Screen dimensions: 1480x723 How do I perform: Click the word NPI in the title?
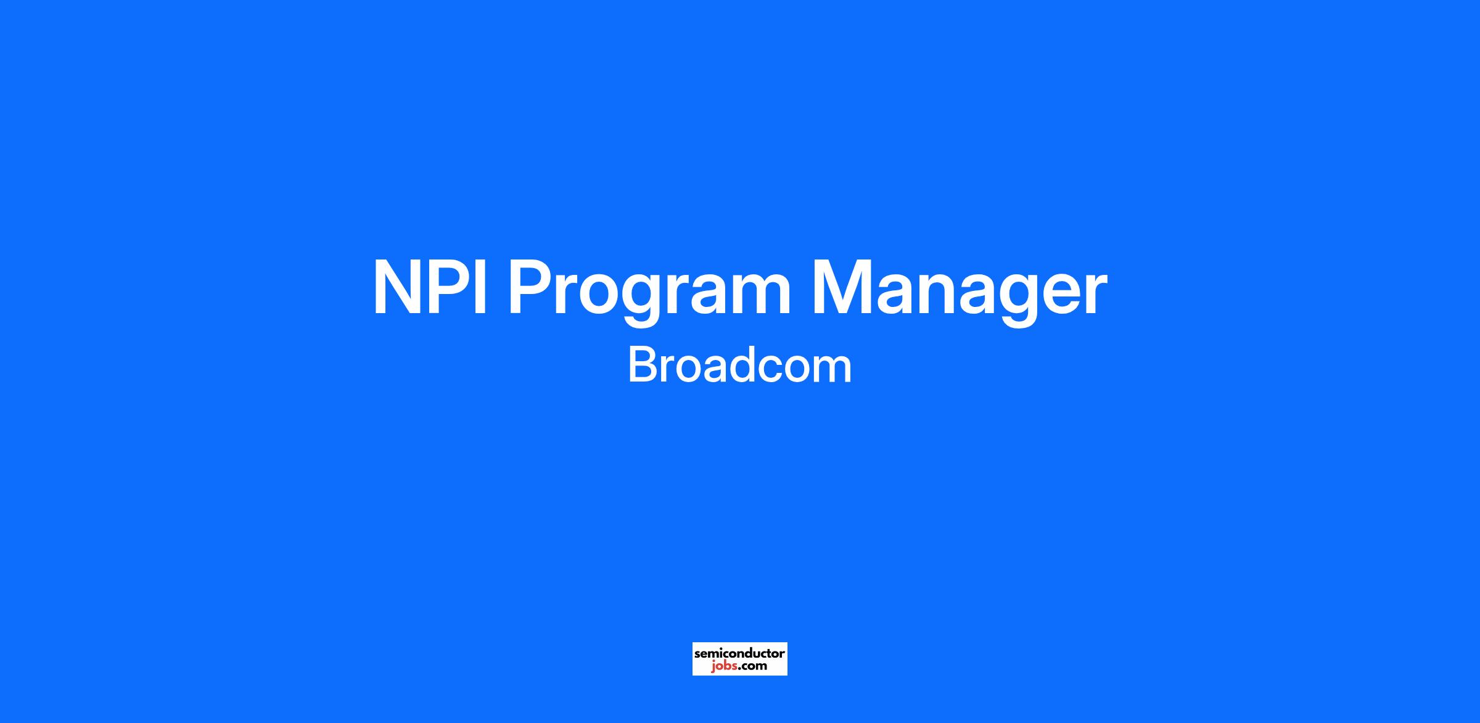click(430, 288)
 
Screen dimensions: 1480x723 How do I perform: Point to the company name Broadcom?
click(739, 366)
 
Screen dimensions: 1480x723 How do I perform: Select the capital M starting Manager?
click(843, 288)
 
